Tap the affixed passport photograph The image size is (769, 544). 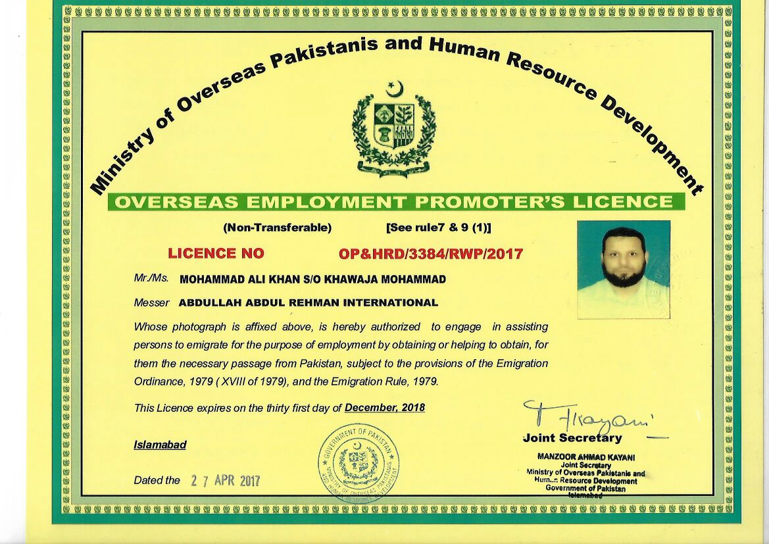point(624,269)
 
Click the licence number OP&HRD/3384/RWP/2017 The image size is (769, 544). point(431,253)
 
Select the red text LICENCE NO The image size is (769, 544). point(216,253)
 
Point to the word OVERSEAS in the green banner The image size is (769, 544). point(170,202)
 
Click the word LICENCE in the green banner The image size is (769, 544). point(622,202)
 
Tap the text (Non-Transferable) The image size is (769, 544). point(277,228)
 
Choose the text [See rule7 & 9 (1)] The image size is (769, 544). point(438,228)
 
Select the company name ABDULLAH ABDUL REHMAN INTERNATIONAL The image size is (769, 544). point(308,303)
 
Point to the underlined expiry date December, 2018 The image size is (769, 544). point(385,408)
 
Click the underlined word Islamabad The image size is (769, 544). point(160,445)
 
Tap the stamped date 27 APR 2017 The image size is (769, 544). point(226,481)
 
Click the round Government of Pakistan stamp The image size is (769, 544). point(359,462)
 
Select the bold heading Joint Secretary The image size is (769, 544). point(572,438)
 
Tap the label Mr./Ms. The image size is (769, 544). point(151,278)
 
